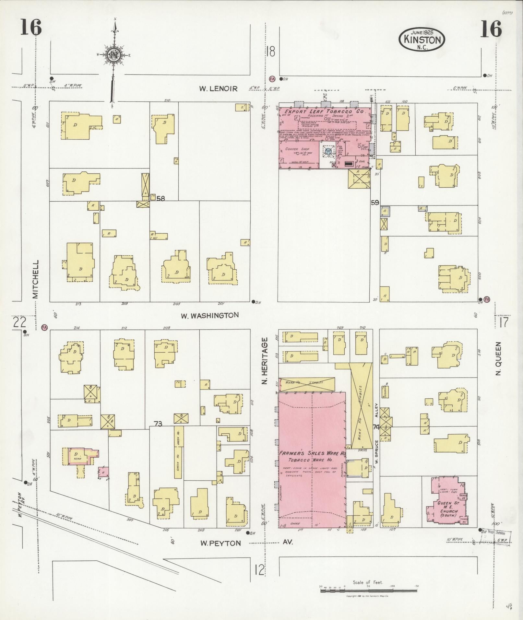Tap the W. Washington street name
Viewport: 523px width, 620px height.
[x=210, y=315]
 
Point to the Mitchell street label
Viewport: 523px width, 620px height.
[x=35, y=279]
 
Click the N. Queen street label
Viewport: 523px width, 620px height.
[x=498, y=359]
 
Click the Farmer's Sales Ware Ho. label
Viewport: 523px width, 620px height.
[x=312, y=453]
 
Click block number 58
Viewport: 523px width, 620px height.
[x=160, y=198]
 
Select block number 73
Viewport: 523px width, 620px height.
[x=158, y=424]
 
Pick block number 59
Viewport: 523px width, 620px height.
[x=375, y=203]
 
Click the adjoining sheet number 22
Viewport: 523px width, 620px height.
[x=19, y=323]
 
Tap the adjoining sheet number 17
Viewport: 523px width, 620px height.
[x=504, y=323]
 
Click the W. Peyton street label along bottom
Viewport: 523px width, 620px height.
[x=220, y=544]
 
